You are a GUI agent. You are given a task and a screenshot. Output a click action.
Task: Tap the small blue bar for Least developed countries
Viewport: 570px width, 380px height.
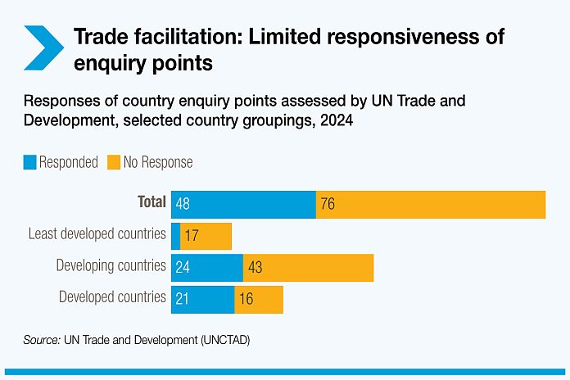coord(175,236)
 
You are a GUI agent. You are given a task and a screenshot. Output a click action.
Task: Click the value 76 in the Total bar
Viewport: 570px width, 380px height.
coord(328,204)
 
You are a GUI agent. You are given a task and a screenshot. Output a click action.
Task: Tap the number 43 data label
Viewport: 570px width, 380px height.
coord(255,268)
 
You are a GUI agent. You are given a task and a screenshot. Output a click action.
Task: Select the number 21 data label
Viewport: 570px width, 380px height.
coord(182,300)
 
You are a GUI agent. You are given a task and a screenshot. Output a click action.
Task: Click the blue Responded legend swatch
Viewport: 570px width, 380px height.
coord(30,162)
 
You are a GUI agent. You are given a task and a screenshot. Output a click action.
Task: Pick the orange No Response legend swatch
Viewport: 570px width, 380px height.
coord(114,162)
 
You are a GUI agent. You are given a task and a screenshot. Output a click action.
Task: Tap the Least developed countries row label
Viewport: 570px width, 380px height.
coord(97,234)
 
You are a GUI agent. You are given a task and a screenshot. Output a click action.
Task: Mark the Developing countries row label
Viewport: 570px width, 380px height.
coord(111,266)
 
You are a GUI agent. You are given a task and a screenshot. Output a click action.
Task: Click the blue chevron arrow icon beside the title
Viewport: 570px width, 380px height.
coord(43,47)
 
